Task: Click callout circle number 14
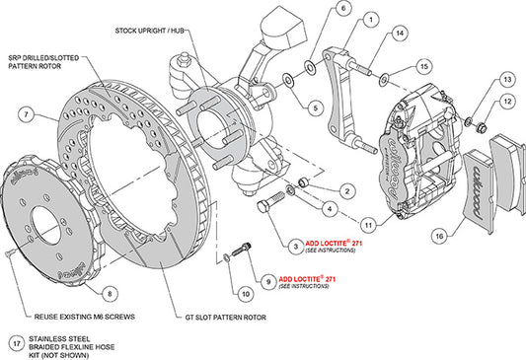click(400, 34)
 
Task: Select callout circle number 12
click(505, 101)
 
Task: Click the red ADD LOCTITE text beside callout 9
click(310, 279)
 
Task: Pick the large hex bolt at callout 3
click(266, 207)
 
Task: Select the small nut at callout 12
click(480, 125)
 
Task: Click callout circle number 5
click(315, 108)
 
